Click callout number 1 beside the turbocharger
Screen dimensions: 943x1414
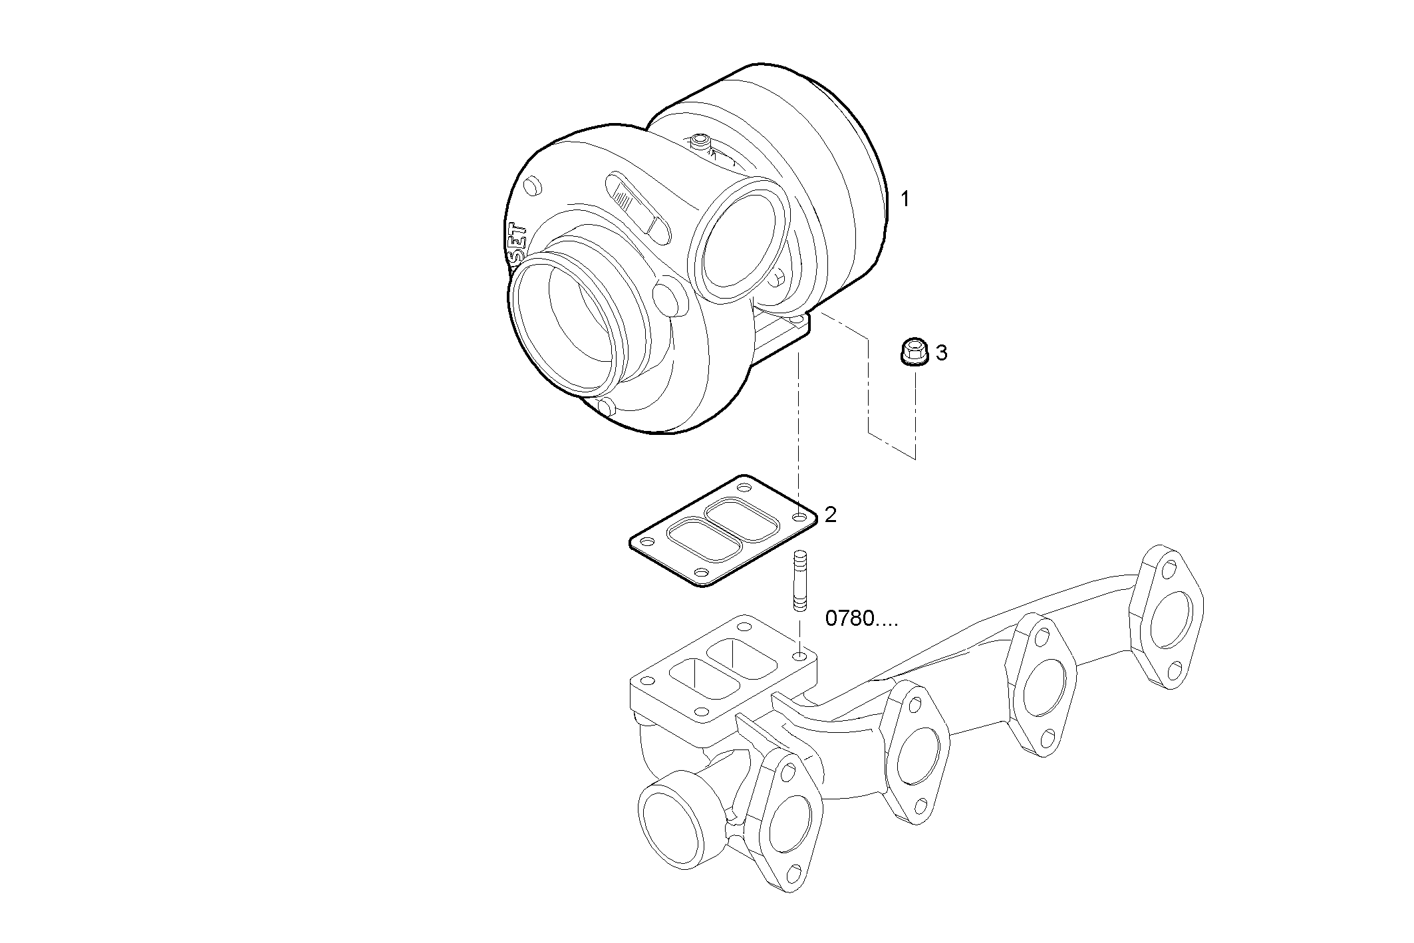pos(905,199)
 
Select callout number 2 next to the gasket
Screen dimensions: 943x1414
pos(830,514)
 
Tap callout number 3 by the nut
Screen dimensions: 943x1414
pos(941,352)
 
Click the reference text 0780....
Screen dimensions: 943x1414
pos(861,619)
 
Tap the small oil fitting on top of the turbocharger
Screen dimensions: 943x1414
pos(699,142)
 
